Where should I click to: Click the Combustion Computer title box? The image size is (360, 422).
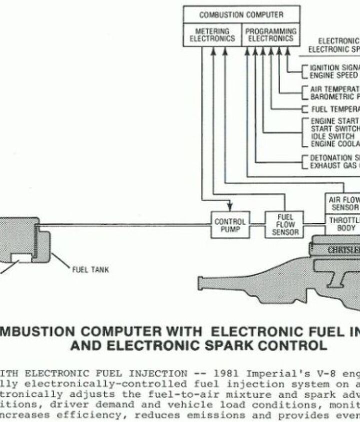[x=241, y=14]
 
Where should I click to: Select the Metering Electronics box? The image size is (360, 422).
[x=212, y=34]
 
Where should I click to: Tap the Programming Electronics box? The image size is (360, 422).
[x=270, y=34]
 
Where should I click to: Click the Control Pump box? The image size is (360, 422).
[x=230, y=225]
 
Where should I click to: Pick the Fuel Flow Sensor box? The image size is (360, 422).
[x=285, y=225]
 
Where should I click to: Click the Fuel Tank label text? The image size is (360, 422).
[x=90, y=270]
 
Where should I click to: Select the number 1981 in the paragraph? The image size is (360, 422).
[x=225, y=374]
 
